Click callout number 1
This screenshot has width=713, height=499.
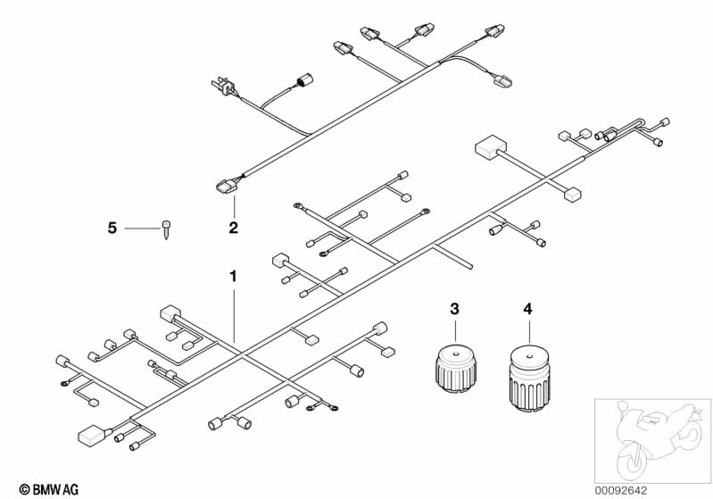coord(234,277)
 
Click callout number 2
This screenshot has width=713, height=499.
coord(234,228)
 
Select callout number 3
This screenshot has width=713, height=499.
coord(454,309)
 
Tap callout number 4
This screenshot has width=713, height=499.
coord(527,309)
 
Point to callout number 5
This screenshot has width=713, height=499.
coord(112,229)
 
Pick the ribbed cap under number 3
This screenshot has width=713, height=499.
coord(454,368)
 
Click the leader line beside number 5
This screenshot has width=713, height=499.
coord(141,229)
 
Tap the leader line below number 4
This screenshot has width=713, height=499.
coord(527,332)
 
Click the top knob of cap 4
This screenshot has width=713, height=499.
coord(526,345)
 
